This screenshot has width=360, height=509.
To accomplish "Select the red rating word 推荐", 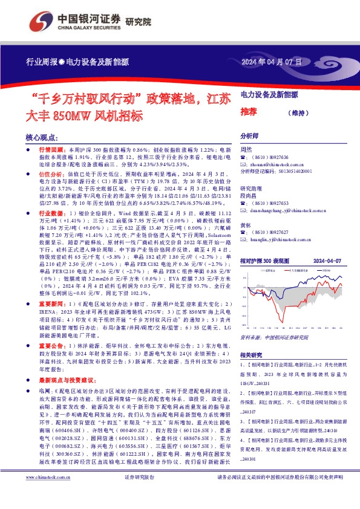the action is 249,111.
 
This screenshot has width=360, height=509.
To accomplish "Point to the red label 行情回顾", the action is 52,149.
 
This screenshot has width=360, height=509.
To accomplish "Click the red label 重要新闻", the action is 52,302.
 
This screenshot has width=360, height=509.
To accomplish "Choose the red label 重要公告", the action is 52,343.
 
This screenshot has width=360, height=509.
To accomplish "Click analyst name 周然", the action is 246,149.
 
